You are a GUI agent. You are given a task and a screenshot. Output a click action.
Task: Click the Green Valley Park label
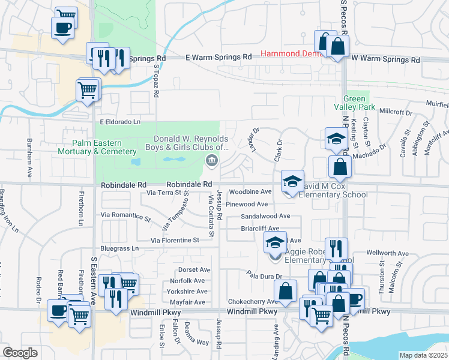359,103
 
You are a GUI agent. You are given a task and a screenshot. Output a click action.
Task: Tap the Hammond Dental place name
288,54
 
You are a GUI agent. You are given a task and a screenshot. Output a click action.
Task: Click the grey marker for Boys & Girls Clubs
211,160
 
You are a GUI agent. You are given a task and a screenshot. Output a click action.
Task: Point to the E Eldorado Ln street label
121,121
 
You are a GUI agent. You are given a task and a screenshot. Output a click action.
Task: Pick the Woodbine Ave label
250,192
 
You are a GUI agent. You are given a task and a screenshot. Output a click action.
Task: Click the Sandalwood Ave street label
265,216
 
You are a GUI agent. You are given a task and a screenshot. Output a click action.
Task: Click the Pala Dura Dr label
264,275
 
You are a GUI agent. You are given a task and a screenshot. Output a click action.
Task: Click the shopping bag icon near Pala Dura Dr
287,290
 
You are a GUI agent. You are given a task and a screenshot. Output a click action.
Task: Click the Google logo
20,353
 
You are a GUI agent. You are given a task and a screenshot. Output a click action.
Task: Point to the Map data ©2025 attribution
423,355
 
